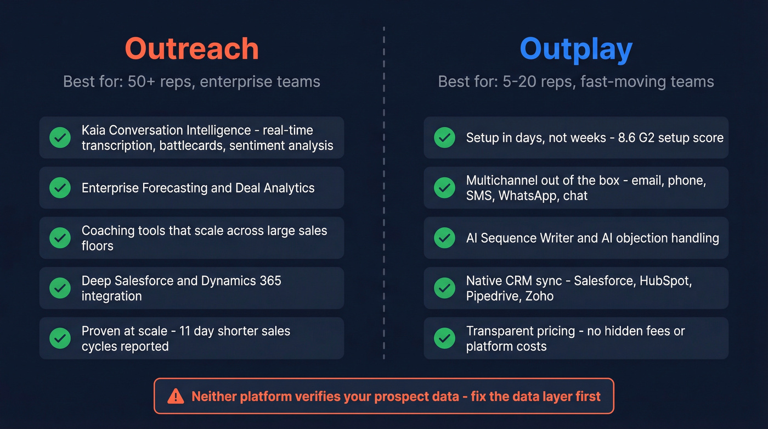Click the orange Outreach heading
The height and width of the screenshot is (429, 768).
click(191, 49)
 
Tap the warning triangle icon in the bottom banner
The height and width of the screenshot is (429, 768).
click(176, 396)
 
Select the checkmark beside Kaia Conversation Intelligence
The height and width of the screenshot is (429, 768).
click(60, 137)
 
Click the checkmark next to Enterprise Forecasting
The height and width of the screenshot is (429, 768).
click(60, 188)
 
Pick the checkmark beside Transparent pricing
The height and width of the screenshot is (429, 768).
click(444, 338)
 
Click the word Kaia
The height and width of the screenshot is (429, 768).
click(94, 130)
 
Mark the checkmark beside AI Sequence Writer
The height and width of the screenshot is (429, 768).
click(444, 238)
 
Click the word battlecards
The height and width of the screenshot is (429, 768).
click(192, 146)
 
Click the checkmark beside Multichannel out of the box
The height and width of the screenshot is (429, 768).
click(444, 188)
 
